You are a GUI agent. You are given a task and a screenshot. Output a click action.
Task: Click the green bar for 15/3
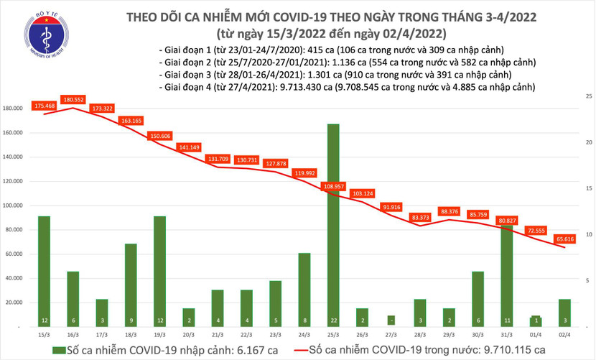pos(44,269)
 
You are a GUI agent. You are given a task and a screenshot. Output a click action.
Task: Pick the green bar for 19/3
pos(159,269)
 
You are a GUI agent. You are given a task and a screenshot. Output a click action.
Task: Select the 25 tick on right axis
pos(588,96)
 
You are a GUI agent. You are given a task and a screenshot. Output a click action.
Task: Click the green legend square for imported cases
pos(57,350)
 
